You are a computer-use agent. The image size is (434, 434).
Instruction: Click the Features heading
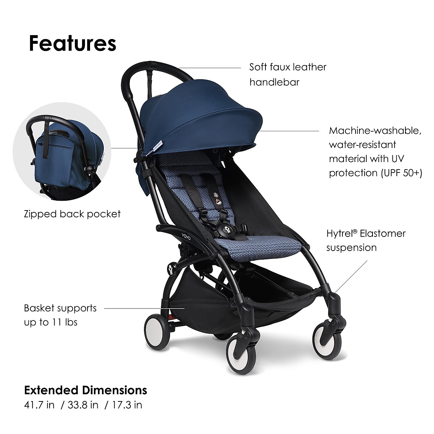(73, 43)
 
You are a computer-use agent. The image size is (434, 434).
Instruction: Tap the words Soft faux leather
(288, 67)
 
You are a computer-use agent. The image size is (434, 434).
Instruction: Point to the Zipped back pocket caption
(72, 214)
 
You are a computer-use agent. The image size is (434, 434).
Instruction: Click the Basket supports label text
(60, 309)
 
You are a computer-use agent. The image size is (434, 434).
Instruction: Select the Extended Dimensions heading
(86, 390)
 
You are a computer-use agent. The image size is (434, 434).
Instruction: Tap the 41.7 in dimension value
(39, 405)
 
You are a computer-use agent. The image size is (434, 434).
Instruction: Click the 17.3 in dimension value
(127, 405)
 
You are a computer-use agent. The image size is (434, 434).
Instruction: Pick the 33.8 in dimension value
(83, 405)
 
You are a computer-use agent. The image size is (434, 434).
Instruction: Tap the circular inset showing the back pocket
(62, 151)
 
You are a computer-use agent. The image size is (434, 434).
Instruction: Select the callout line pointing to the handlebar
(209, 68)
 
